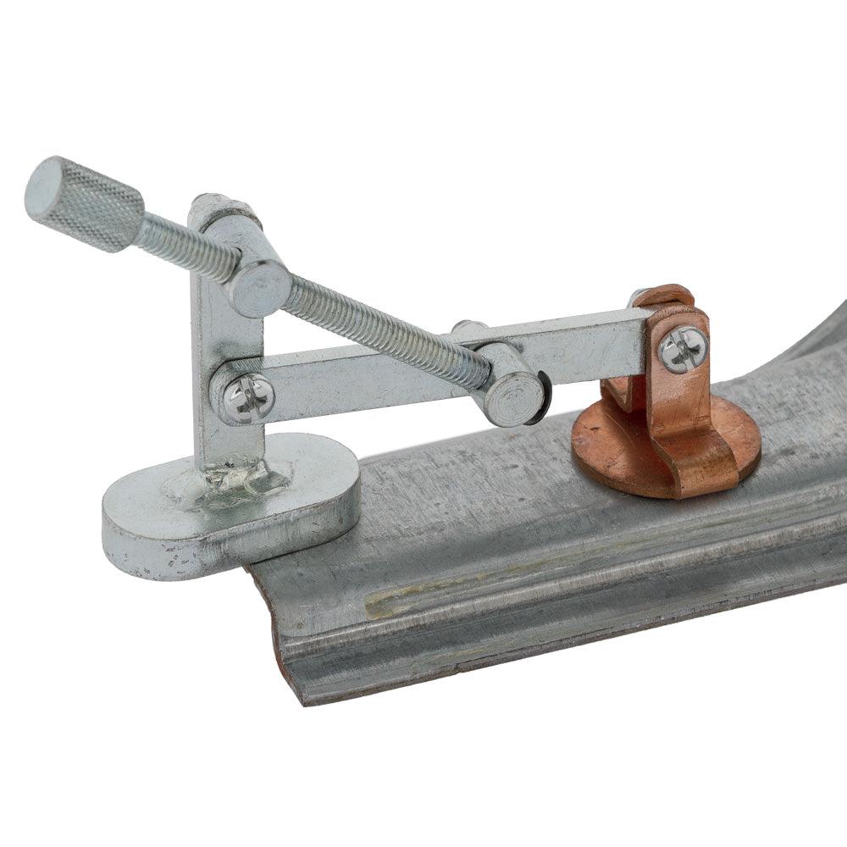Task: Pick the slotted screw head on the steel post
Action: pos(247,396)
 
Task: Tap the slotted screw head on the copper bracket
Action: pos(683,348)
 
